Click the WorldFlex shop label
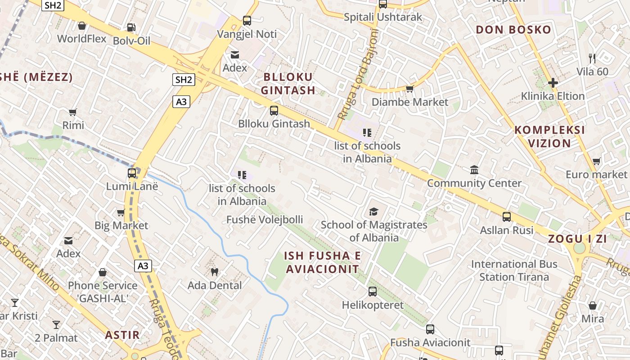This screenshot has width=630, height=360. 82,39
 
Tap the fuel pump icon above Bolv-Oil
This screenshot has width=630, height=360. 131,27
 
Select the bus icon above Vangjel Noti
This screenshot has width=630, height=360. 247,20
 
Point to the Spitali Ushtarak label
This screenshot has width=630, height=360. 383,17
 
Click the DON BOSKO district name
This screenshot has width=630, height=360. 513,30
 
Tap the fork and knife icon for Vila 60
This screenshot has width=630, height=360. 592,58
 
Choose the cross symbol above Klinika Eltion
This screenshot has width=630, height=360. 553,83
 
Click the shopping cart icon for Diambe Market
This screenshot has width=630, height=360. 409,89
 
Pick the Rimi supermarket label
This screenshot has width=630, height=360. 73,125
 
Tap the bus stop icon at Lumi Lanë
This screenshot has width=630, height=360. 132,173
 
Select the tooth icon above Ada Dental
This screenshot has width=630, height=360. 215,272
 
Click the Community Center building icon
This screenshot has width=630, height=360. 474,170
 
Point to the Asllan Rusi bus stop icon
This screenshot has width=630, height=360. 507,217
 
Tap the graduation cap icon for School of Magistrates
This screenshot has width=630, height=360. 373,211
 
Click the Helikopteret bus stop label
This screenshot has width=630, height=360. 373,305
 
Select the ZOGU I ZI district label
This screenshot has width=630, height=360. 577,239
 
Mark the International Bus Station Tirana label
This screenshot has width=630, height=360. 514,270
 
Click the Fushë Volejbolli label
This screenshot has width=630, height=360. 265,220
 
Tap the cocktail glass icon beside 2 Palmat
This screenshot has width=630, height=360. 56,325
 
